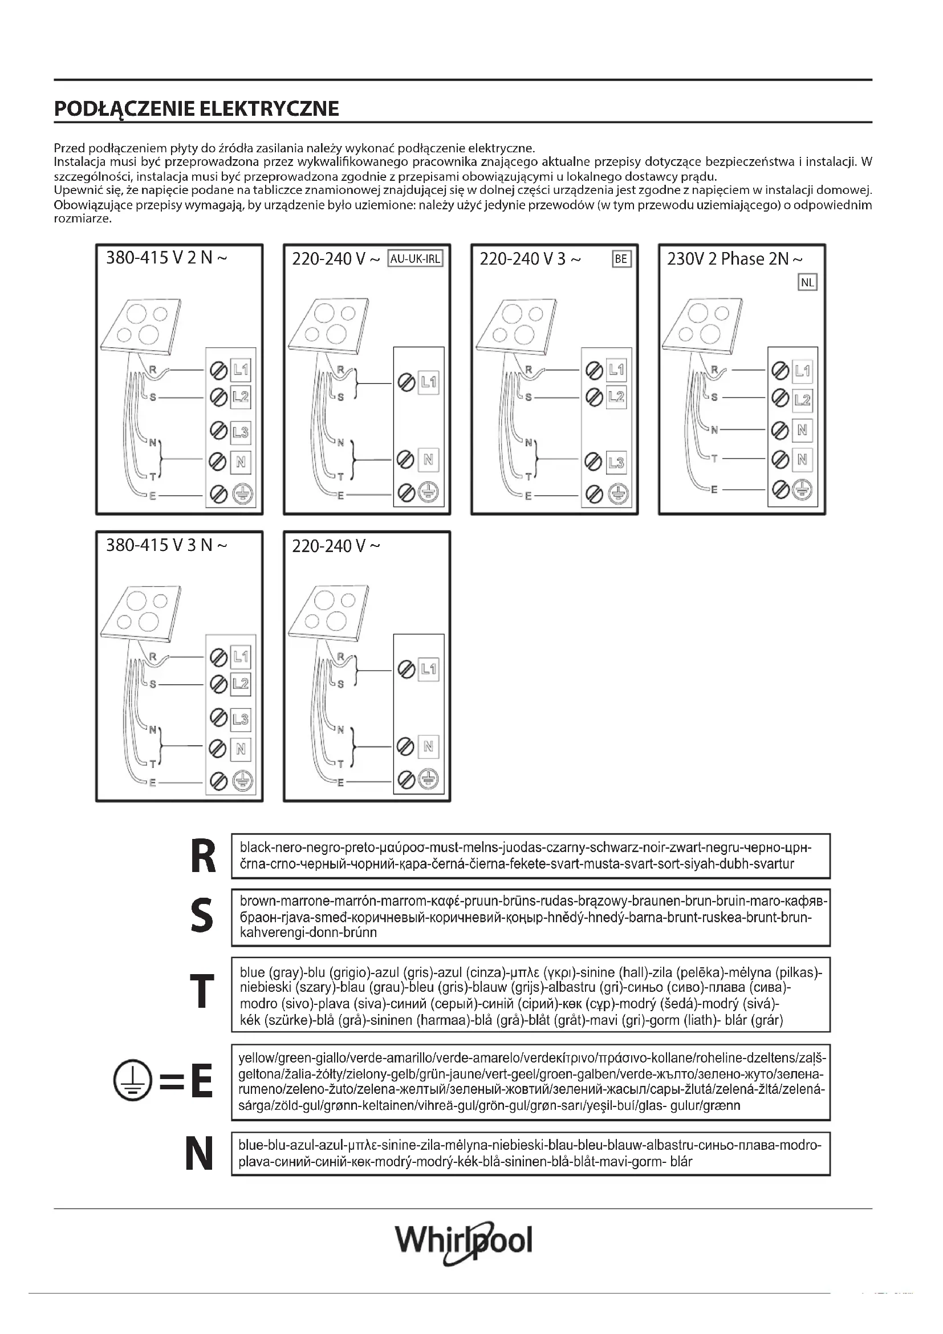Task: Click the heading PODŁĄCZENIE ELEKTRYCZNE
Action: (196, 109)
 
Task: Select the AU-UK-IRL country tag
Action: (415, 259)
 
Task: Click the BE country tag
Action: (621, 259)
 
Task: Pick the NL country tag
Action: (807, 283)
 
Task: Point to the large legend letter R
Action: (202, 857)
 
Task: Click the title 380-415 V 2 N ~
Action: (166, 258)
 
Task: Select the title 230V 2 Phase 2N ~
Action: (735, 259)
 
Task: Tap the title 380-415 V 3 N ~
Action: (166, 546)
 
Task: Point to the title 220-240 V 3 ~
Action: (530, 259)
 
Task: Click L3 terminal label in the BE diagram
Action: (616, 463)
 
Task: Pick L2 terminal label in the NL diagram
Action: (802, 400)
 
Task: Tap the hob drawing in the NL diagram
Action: (702, 325)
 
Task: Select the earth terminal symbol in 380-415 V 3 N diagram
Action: (241, 781)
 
